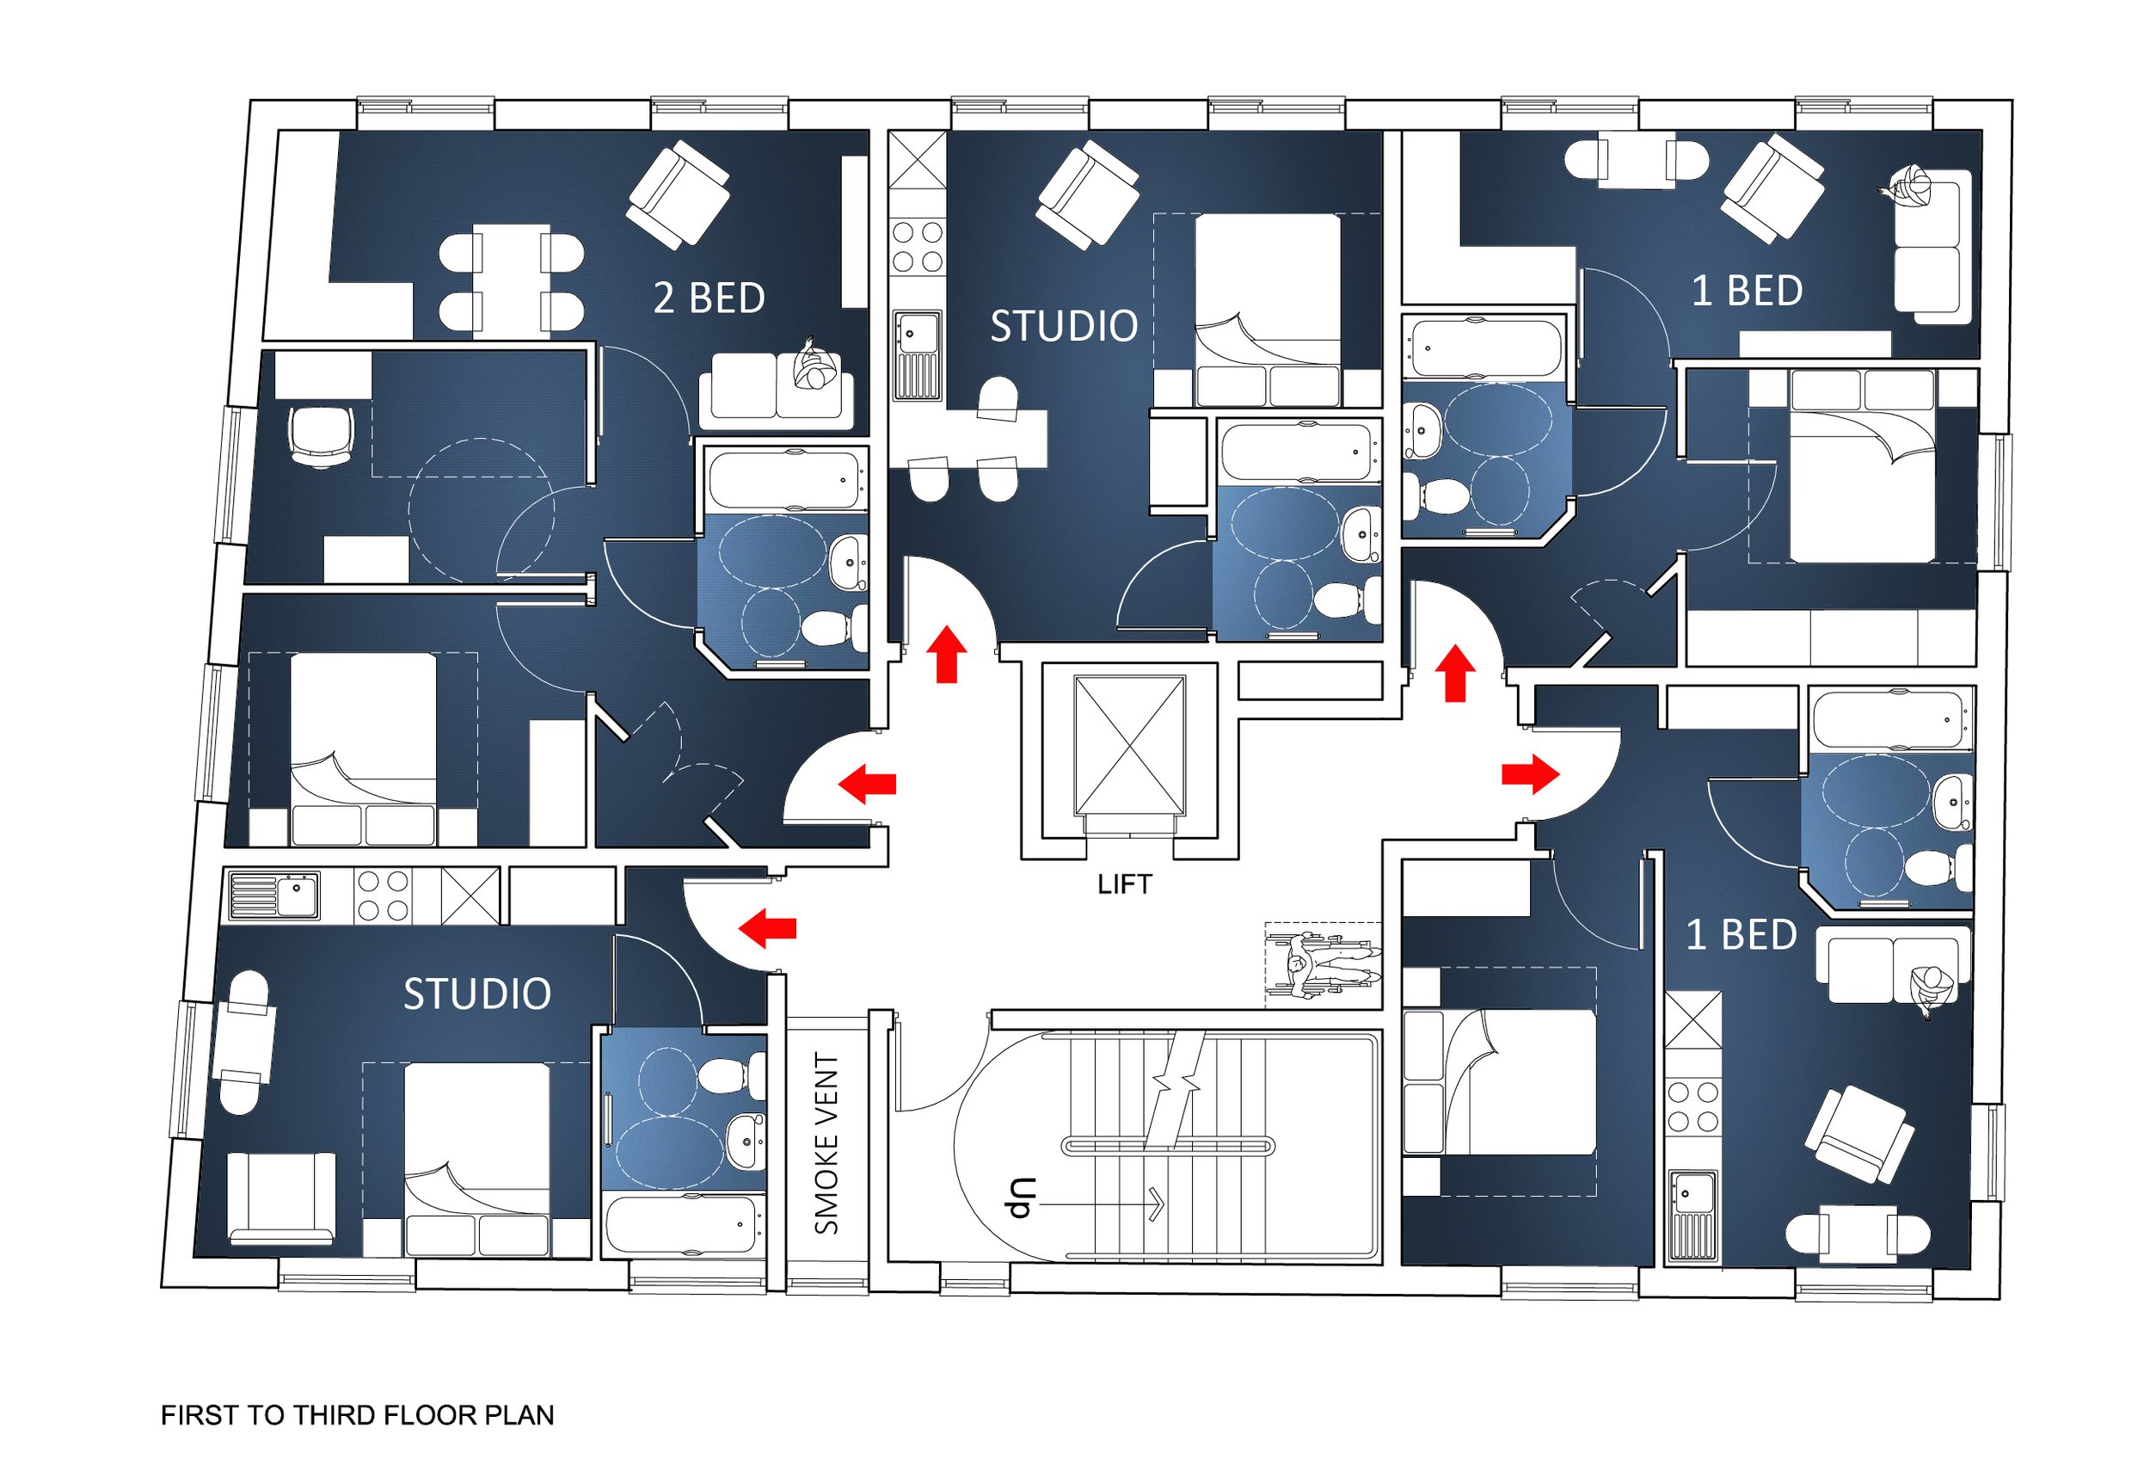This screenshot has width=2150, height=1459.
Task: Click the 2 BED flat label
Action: point(709,298)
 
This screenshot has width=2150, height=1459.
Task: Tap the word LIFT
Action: point(1124,884)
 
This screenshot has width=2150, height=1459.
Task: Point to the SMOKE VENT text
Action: point(826,1142)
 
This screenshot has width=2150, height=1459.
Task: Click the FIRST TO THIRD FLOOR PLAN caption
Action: point(357,1415)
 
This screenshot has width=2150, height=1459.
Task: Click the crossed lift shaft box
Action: point(1128,746)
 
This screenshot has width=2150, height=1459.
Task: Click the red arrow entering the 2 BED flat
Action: point(867,784)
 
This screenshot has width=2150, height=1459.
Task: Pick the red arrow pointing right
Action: point(1530,773)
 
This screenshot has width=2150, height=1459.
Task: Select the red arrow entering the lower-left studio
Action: point(767,928)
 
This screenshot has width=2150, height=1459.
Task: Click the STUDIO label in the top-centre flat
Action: point(1064,327)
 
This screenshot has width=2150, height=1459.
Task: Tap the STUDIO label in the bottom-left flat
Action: point(477,994)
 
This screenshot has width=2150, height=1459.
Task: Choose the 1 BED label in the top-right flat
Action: point(1747,291)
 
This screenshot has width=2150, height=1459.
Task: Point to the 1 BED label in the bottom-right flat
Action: point(1741,935)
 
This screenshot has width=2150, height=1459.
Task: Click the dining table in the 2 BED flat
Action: point(512,280)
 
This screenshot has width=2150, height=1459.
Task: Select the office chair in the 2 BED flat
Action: point(321,437)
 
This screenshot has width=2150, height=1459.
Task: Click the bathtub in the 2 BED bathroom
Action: point(789,479)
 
